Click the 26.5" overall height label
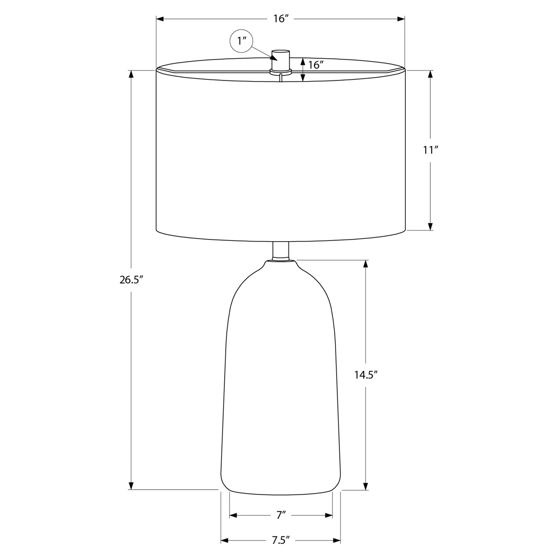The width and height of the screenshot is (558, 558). pos(131,280)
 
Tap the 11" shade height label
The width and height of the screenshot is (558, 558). pos(430,150)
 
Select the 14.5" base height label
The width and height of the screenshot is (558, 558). pos(366,375)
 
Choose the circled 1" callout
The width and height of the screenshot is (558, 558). pos(241,41)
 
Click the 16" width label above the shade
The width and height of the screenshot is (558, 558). pos(281,19)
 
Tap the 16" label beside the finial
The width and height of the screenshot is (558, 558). pos(316,65)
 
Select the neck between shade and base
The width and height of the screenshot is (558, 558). pos(281,251)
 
